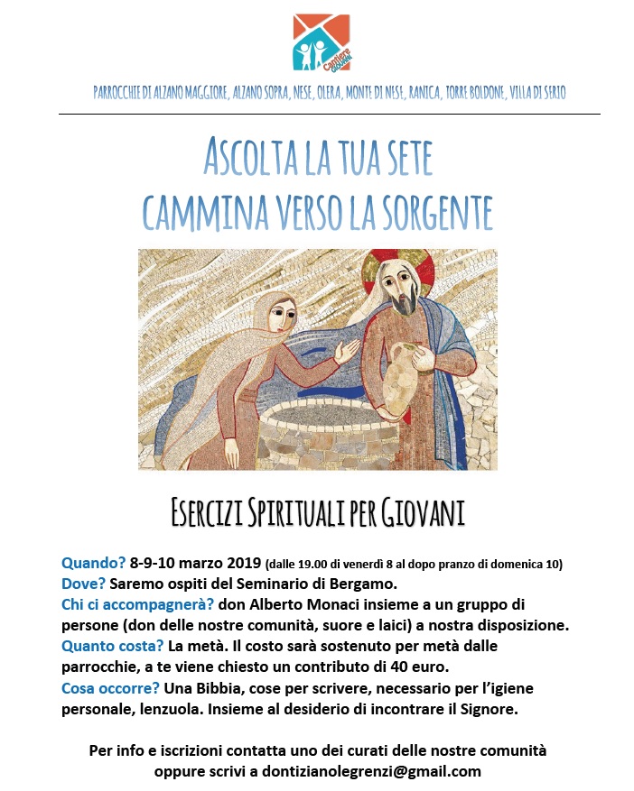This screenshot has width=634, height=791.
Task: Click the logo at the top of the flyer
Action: pos(322,41)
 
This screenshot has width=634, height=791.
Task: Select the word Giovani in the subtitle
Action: pos(423,513)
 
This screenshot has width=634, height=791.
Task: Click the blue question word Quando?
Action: pos(94,565)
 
